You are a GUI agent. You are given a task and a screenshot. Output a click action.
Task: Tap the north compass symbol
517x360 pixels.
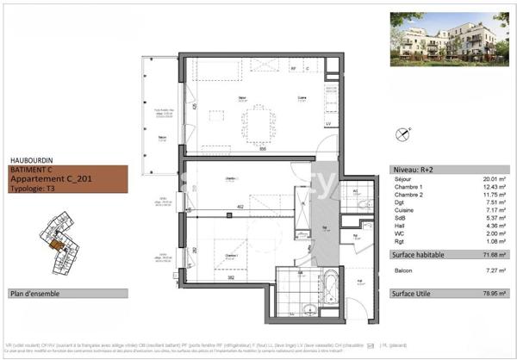(401, 133)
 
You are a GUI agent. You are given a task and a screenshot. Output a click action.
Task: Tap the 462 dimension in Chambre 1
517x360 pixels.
(244, 208)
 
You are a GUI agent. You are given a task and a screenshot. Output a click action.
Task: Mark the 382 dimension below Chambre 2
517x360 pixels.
(220, 278)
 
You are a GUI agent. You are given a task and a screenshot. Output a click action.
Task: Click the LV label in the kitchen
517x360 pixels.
(328, 124)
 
